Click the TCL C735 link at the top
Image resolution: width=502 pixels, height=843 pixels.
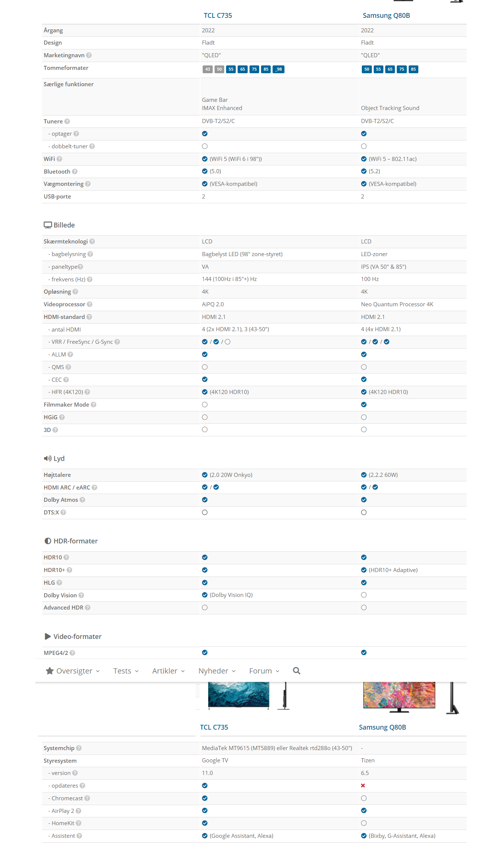pos(218,16)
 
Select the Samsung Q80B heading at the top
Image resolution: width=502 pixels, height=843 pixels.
pos(386,16)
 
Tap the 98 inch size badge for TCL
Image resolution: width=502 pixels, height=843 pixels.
pos(279,69)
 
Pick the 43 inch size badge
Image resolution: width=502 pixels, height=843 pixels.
pos(207,69)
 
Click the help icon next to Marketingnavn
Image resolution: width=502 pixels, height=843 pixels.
pos(89,55)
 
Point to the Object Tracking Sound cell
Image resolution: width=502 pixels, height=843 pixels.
pos(390,108)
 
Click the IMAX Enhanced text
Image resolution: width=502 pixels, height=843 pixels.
pos(222,108)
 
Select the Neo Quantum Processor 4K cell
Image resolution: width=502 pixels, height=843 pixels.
pos(397,304)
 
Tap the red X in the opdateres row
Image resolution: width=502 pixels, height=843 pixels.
pos(363,785)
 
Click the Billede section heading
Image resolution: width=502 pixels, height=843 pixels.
pos(64,225)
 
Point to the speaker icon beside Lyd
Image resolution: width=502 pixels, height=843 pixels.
pos(48,458)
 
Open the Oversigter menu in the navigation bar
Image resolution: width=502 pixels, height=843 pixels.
pos(73,671)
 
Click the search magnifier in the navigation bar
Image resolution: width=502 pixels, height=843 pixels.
pos(296,671)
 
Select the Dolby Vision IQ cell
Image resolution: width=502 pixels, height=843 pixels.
pos(231,595)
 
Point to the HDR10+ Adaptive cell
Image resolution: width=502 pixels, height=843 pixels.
pos(393,570)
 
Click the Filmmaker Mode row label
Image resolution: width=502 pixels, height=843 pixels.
pos(66,405)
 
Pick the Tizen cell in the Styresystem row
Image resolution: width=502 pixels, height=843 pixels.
pos(367,760)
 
